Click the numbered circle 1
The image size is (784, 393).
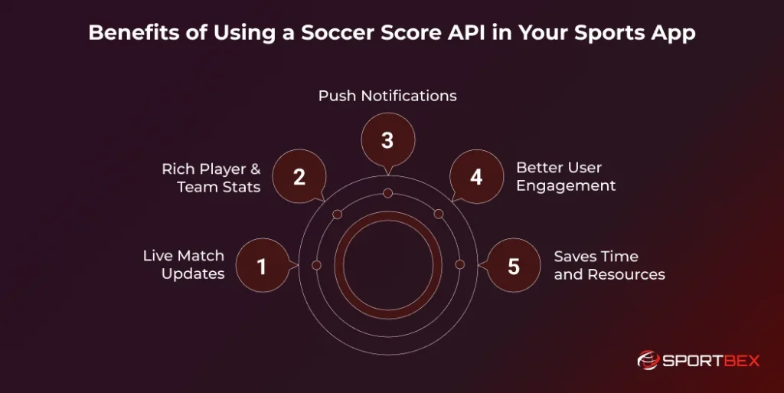pyautogui.click(x=262, y=266)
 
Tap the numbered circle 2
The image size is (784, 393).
pyautogui.click(x=299, y=177)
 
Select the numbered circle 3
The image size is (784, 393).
pyautogui.click(x=387, y=140)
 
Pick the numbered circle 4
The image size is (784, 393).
pyautogui.click(x=476, y=177)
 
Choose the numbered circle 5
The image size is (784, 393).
pyautogui.click(x=513, y=266)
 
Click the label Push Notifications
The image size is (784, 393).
pyautogui.click(x=387, y=96)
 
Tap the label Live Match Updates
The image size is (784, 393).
pyautogui.click(x=184, y=265)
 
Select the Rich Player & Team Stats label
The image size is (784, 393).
pyautogui.click(x=211, y=177)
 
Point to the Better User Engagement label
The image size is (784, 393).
pyautogui.click(x=566, y=176)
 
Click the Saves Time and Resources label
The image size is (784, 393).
pyautogui.click(x=609, y=265)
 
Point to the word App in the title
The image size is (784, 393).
pyautogui.click(x=674, y=34)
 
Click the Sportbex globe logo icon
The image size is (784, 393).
pyautogui.click(x=648, y=359)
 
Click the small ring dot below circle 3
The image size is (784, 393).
pyautogui.click(x=387, y=192)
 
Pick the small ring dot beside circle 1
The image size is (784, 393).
pyautogui.click(x=315, y=264)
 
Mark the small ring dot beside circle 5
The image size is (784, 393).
pyautogui.click(x=459, y=264)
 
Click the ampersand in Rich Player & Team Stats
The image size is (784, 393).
pyautogui.click(x=255, y=169)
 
